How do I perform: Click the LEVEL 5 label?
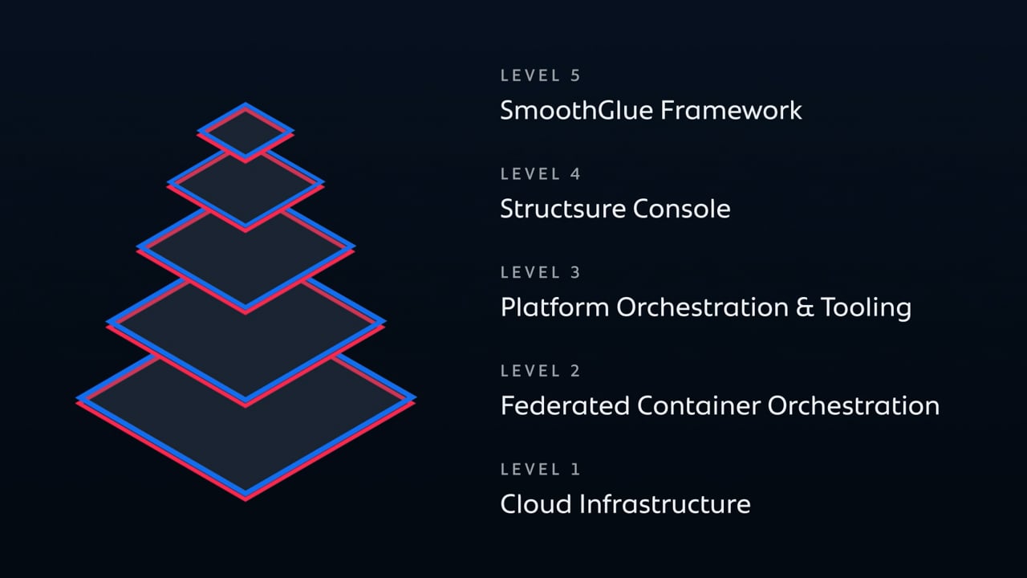tap(540, 75)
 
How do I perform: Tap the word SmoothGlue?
tap(576, 110)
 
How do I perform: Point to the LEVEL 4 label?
tap(540, 174)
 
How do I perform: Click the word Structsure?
tap(562, 209)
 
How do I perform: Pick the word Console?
tap(681, 209)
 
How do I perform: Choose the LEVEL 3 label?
tap(540, 273)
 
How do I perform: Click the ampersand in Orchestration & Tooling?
tap(805, 307)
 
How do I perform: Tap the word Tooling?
tap(866, 308)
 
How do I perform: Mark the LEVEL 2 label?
tap(540, 371)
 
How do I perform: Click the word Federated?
tap(565, 405)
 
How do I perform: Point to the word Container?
tap(698, 405)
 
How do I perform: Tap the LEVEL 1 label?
tap(540, 470)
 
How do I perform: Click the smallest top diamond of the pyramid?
tap(246, 131)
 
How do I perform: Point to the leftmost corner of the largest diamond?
tap(79, 398)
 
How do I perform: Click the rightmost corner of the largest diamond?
tap(412, 398)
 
